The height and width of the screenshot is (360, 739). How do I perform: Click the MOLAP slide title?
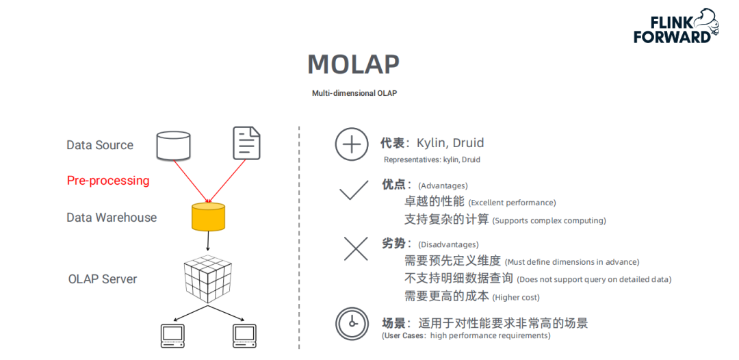353,64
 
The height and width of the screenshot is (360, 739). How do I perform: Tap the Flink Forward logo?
675,27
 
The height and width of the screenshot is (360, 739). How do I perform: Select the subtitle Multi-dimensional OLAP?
354,93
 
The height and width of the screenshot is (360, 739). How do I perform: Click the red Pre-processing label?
108,181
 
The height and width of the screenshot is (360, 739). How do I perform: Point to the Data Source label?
100,145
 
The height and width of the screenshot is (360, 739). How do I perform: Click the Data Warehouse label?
112,218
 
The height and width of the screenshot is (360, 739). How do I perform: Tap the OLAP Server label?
103,279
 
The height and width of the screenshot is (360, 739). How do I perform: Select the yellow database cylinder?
207,216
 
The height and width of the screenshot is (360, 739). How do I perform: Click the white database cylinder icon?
173,144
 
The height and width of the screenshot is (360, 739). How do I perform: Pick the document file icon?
246,143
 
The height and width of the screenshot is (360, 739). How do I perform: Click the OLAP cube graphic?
208,279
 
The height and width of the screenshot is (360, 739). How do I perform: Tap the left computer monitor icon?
172,335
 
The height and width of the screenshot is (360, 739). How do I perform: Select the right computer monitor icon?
244,335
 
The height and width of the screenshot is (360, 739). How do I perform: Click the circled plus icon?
352,144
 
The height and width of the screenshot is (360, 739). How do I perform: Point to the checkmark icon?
354,190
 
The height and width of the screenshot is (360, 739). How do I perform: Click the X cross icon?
356,248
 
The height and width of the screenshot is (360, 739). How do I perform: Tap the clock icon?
352,323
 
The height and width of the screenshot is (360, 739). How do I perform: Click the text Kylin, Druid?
450,143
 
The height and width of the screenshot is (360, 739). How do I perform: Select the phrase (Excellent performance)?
512,203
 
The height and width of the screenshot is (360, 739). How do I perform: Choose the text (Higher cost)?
516,297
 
